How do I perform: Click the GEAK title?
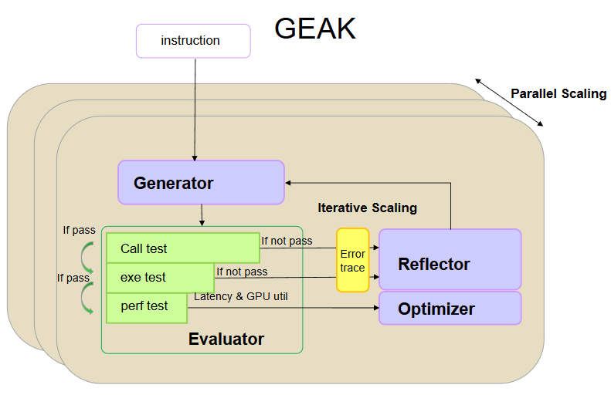[315, 29]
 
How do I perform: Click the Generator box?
[201, 183]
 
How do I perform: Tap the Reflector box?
[450, 264]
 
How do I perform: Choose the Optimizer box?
[450, 309]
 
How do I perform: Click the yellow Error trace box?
[352, 260]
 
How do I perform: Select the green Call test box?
[182, 248]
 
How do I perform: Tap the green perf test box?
[147, 307]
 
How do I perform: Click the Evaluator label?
[226, 339]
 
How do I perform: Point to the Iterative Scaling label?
[367, 208]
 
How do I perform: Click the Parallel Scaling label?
[558, 94]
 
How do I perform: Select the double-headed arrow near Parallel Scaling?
[509, 102]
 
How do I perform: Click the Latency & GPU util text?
[240, 297]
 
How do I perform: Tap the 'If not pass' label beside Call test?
[287, 241]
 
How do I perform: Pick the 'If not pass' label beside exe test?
[242, 272]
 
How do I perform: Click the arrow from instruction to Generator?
[195, 108]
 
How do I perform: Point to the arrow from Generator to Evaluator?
[202, 215]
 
